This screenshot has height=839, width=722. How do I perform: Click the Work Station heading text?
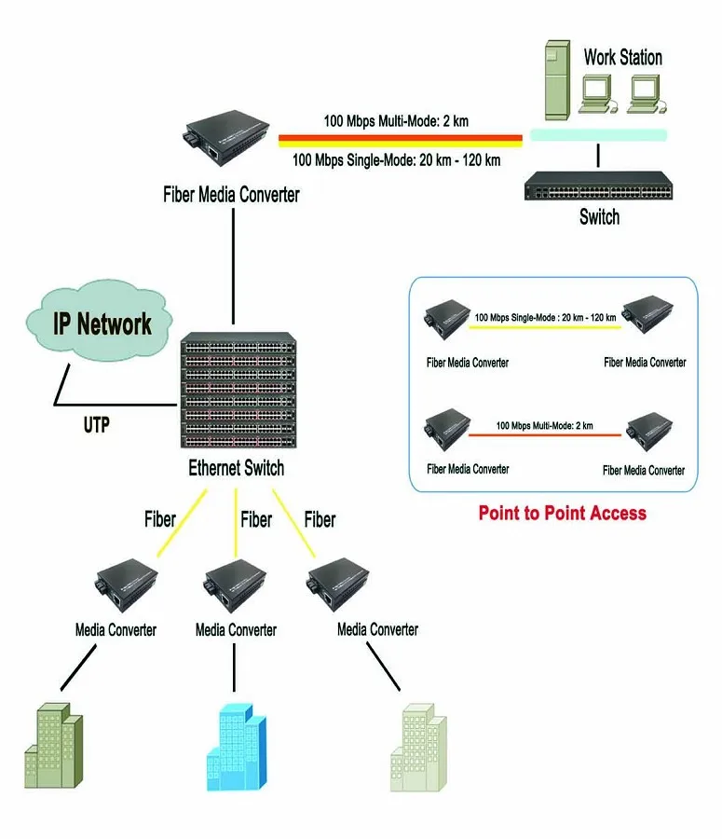622,57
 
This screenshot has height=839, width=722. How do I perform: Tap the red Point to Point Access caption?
562,513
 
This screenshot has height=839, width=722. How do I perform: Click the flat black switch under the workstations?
598,189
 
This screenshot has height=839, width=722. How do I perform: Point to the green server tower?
556,79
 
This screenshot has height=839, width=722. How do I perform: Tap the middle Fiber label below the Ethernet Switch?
256,519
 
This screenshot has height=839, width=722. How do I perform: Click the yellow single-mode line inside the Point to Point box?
546,327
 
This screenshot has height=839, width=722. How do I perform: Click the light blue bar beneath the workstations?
598,135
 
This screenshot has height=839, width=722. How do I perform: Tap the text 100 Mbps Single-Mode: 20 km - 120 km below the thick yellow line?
396,159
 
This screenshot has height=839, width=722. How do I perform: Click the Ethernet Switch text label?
236,469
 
